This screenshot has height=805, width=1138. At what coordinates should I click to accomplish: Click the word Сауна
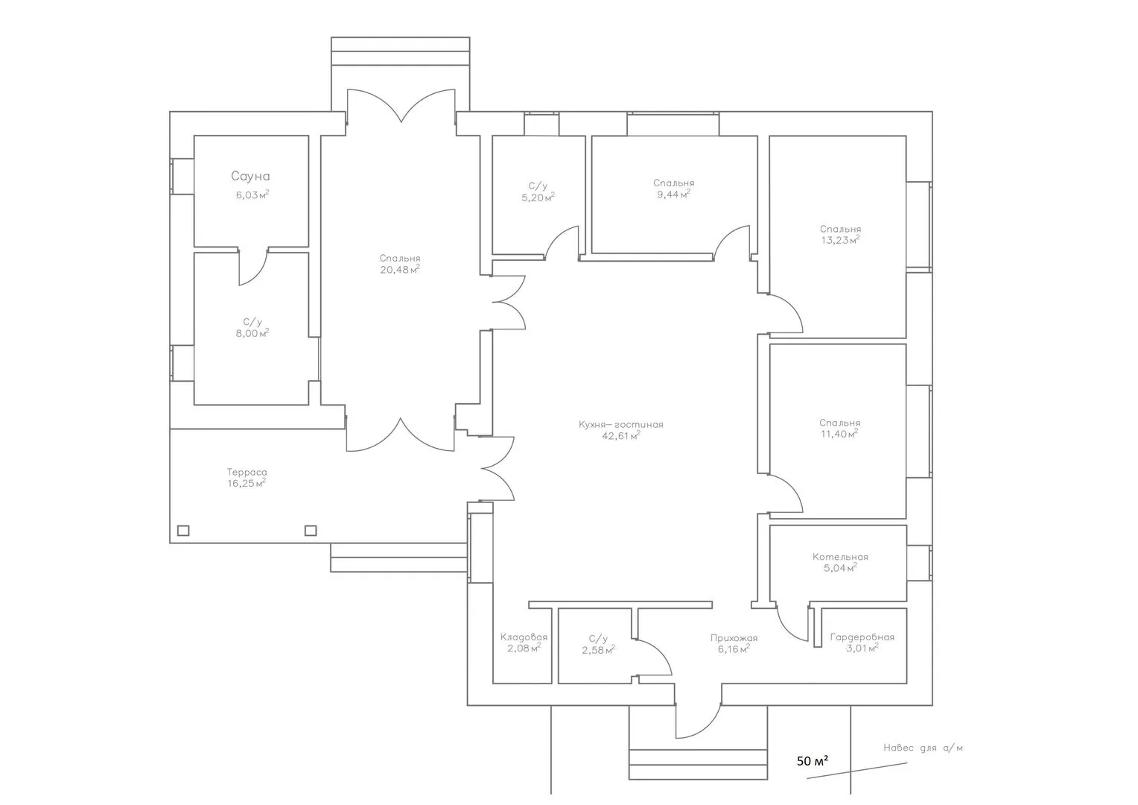(x=250, y=177)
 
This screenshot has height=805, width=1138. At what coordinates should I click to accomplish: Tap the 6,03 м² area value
(x=252, y=195)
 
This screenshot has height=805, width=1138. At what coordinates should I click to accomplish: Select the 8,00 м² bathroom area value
(x=252, y=334)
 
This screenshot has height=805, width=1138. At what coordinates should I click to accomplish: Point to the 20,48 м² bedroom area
(x=400, y=270)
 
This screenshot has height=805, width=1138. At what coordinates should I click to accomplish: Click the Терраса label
(x=247, y=473)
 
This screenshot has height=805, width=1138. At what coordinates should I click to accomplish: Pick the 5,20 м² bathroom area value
(x=538, y=198)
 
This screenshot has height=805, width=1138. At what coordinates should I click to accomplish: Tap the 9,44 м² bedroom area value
(x=674, y=195)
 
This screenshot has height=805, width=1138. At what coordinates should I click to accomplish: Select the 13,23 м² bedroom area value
(x=840, y=240)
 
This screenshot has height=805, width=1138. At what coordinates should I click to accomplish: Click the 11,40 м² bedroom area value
(x=839, y=434)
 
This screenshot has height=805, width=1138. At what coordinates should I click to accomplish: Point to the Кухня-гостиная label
(x=621, y=425)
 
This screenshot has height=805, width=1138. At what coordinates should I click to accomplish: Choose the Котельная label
(x=840, y=557)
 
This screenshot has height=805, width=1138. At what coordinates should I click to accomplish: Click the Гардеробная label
(x=862, y=637)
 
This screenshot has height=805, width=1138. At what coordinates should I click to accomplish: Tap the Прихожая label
(x=734, y=638)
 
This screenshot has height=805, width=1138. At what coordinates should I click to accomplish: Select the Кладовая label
(x=524, y=637)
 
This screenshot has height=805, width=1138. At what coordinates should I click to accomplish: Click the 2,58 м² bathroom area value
(x=599, y=650)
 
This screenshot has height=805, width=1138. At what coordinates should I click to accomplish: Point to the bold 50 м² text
(x=813, y=761)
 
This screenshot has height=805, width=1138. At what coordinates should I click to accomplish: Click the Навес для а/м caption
(x=923, y=748)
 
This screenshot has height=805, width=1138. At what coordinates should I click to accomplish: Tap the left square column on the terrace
(x=183, y=531)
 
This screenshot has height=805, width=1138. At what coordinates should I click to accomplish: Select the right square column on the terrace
(x=311, y=531)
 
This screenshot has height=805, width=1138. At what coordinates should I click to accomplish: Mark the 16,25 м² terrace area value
(x=247, y=483)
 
